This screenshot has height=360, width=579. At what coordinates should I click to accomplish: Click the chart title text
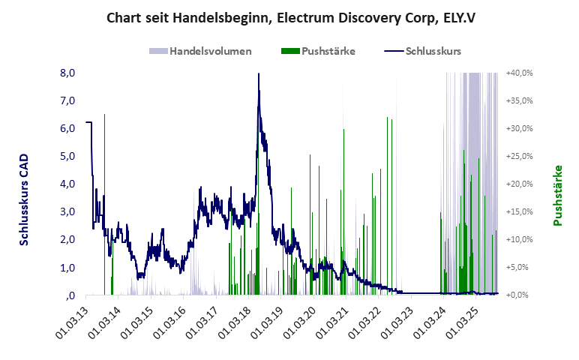pyautogui.click(x=289, y=16)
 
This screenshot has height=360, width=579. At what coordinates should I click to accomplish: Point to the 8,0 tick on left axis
pyautogui.click(x=67, y=73)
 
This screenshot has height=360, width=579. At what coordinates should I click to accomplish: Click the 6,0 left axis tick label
pyautogui.click(x=67, y=128)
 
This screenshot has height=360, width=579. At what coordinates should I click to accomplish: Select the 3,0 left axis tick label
pyautogui.click(x=67, y=211)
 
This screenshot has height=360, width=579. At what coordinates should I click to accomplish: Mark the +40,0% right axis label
pyautogui.click(x=519, y=73)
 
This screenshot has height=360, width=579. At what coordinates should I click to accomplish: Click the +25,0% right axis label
pyautogui.click(x=519, y=156)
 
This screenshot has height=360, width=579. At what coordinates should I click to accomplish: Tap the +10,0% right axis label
pyautogui.click(x=519, y=239)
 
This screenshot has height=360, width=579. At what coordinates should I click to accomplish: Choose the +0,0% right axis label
pyautogui.click(x=520, y=295)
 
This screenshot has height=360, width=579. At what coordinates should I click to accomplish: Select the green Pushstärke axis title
pyautogui.click(x=557, y=195)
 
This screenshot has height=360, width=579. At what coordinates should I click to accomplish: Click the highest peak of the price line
pyautogui.click(x=259, y=74)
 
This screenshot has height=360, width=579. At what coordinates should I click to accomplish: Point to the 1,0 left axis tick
pyautogui.click(x=67, y=267)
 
